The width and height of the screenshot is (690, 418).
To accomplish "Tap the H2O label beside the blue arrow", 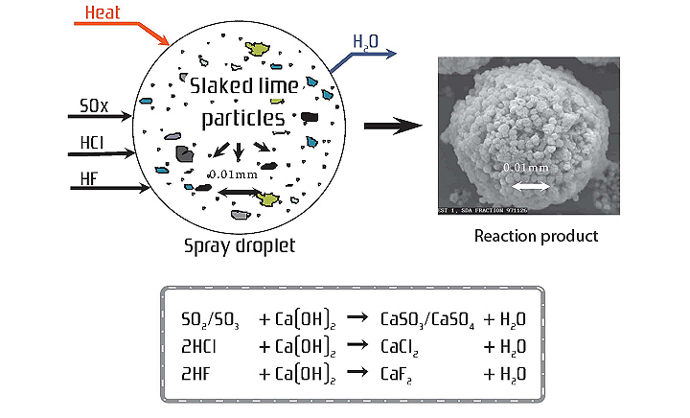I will pos(364,41).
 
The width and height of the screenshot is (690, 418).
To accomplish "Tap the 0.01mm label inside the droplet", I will pos(233,175).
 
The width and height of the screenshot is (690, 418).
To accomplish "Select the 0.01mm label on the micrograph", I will pos(527,168).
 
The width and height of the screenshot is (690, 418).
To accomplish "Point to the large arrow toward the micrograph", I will pos(395,125).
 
